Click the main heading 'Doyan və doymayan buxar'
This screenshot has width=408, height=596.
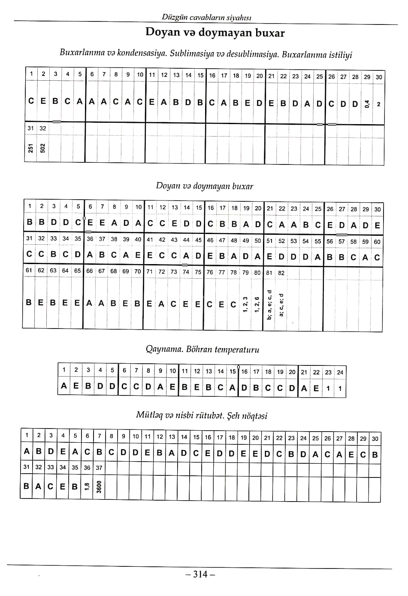215,33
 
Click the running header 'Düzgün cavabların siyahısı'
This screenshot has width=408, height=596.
206,18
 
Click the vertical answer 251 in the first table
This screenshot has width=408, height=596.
30,148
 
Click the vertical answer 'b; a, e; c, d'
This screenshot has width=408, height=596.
269,304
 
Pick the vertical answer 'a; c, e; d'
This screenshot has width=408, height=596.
281,304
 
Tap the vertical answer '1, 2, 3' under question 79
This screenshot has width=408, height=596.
245,304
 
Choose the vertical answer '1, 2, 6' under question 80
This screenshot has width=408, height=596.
257,304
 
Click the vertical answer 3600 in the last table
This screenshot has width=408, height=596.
99,487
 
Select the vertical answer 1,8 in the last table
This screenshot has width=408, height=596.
87,487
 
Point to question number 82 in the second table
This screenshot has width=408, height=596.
281,273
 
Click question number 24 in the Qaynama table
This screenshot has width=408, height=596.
340,372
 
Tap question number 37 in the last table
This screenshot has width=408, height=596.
99,468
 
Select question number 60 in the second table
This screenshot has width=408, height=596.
377,242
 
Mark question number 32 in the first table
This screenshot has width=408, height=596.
42,128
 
